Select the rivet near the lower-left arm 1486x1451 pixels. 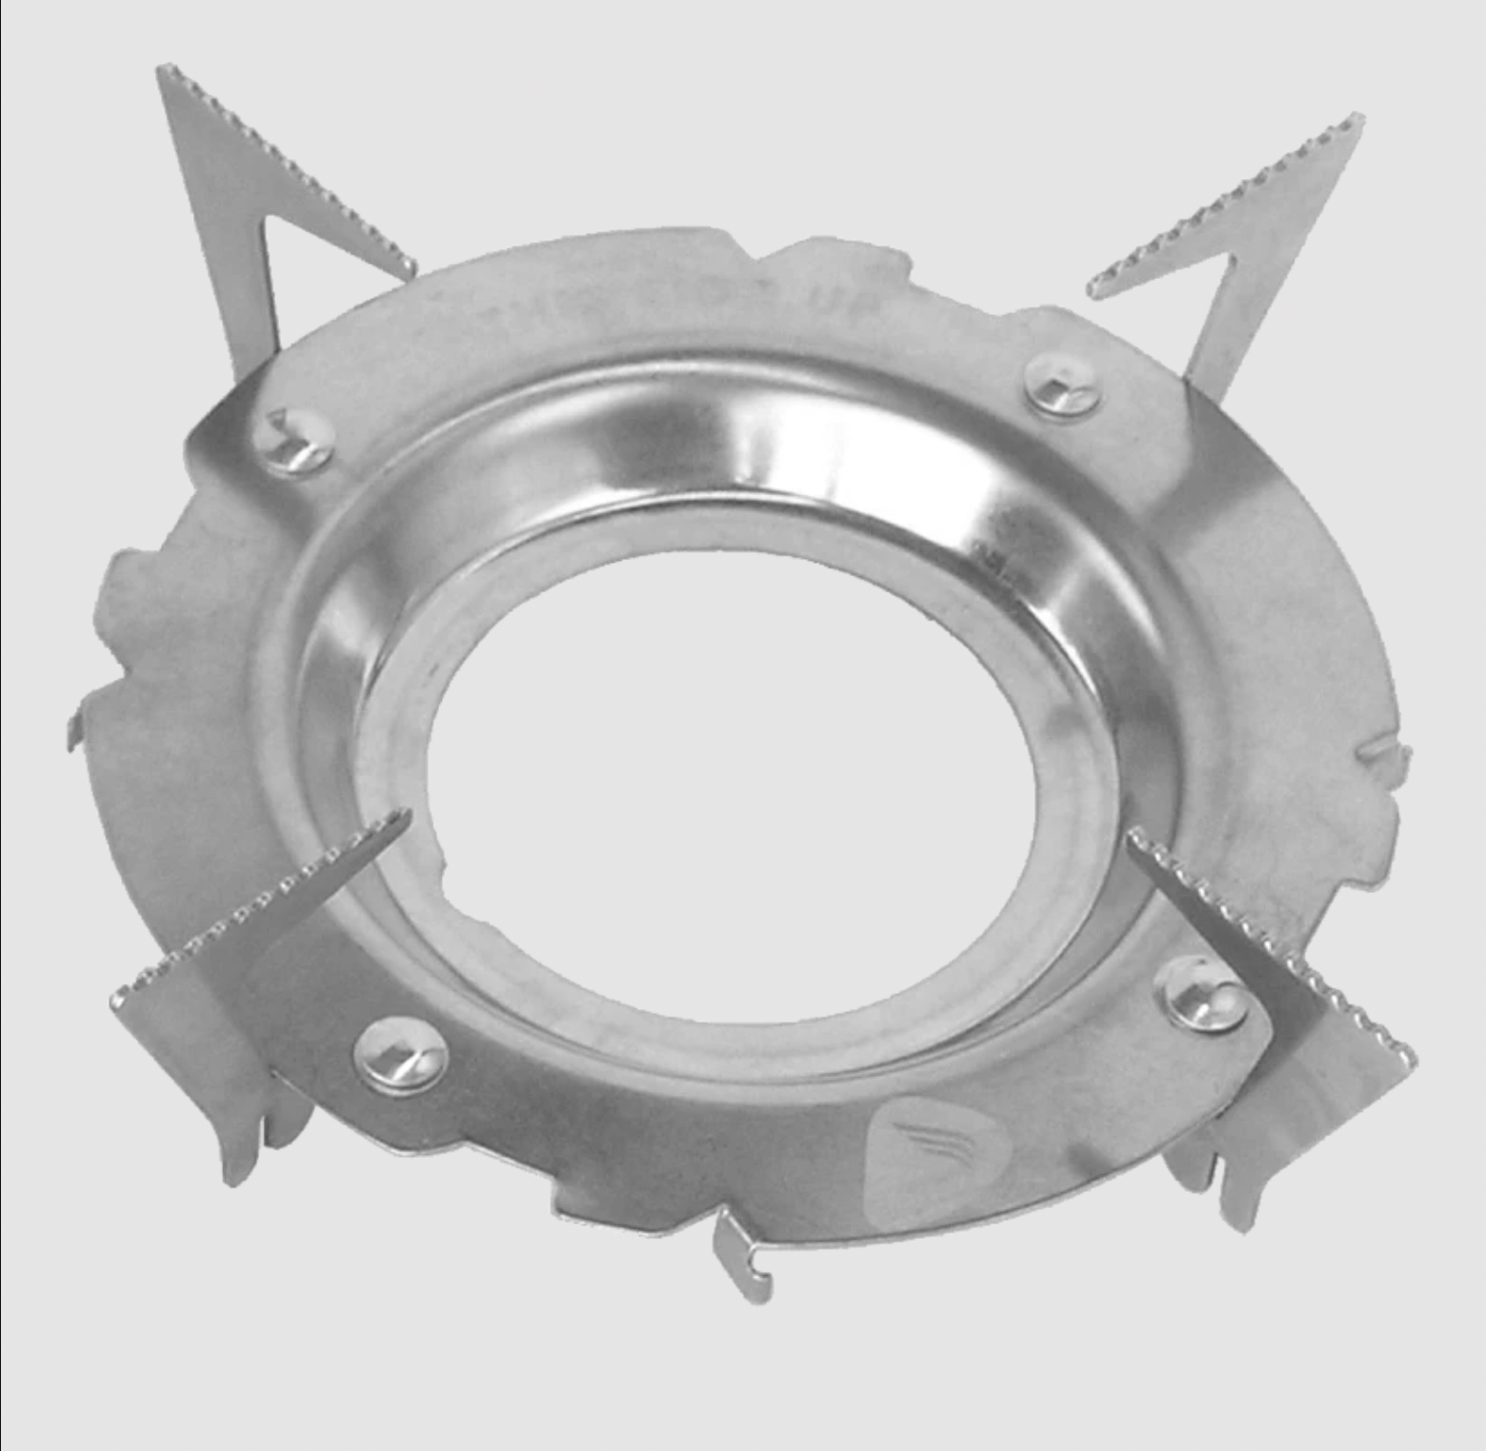[x=401, y=1057]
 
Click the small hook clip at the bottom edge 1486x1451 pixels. [x=744, y=1257]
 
